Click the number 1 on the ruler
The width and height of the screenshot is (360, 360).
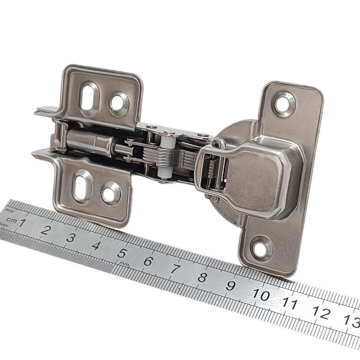(x=22, y=223)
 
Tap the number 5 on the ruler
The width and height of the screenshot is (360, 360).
(x=122, y=254)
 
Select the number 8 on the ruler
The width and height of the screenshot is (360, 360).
(x=202, y=277)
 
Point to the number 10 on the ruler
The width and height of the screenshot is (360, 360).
(x=261, y=294)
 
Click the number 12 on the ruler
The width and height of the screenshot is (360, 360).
(x=322, y=313)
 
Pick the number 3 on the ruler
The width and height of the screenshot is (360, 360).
(x=71, y=238)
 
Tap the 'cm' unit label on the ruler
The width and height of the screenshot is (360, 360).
(x=11, y=220)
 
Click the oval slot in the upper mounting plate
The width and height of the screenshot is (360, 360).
(x=88, y=98)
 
